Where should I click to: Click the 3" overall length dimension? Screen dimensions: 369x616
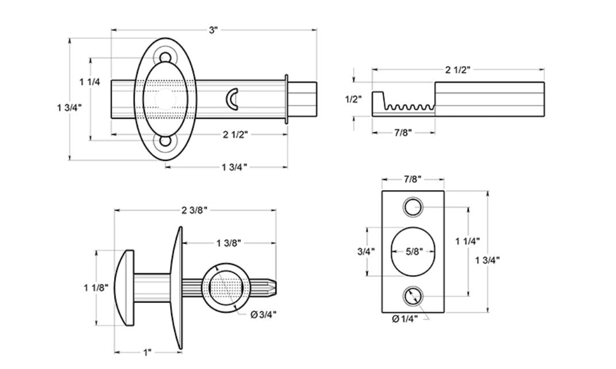[x=213, y=30]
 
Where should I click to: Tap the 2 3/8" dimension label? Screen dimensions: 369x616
[x=194, y=210]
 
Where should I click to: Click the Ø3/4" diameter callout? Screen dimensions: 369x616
[x=265, y=315]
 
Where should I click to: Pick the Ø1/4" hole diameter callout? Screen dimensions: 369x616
[x=405, y=319]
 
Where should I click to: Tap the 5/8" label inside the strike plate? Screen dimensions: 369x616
[x=413, y=251]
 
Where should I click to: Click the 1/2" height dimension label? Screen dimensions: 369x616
[x=353, y=99]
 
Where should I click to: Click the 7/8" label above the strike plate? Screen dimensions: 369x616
[x=413, y=179]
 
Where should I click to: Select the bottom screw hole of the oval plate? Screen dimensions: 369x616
[x=165, y=140]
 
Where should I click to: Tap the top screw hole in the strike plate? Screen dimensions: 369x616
[x=413, y=207]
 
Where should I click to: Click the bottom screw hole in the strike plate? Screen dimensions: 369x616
[x=413, y=296]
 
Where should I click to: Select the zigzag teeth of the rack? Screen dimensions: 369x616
[x=409, y=106]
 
